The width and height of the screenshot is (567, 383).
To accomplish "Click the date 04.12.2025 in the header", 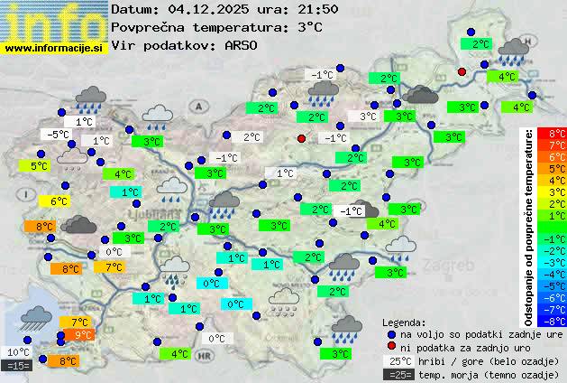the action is click(201, 9).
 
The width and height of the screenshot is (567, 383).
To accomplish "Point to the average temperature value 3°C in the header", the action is click(307, 27).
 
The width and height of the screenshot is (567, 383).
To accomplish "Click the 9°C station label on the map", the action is click(83, 335).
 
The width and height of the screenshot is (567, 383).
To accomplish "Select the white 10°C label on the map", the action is click(19, 352).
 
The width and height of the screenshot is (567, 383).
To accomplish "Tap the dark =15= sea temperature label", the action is click(18, 366).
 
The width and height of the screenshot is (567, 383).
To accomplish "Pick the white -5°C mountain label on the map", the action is click(59, 135).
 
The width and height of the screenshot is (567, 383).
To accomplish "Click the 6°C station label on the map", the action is click(59, 201).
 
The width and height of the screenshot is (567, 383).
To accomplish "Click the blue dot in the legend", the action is click(391, 333).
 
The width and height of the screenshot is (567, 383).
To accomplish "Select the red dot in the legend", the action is click(391, 347).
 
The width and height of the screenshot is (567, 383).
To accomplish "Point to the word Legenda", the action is click(404, 321).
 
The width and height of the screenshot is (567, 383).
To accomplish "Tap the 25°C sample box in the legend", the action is click(398, 360).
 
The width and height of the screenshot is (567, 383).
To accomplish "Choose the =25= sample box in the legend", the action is click(398, 374).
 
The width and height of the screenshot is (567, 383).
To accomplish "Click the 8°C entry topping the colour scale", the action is click(557, 134).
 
